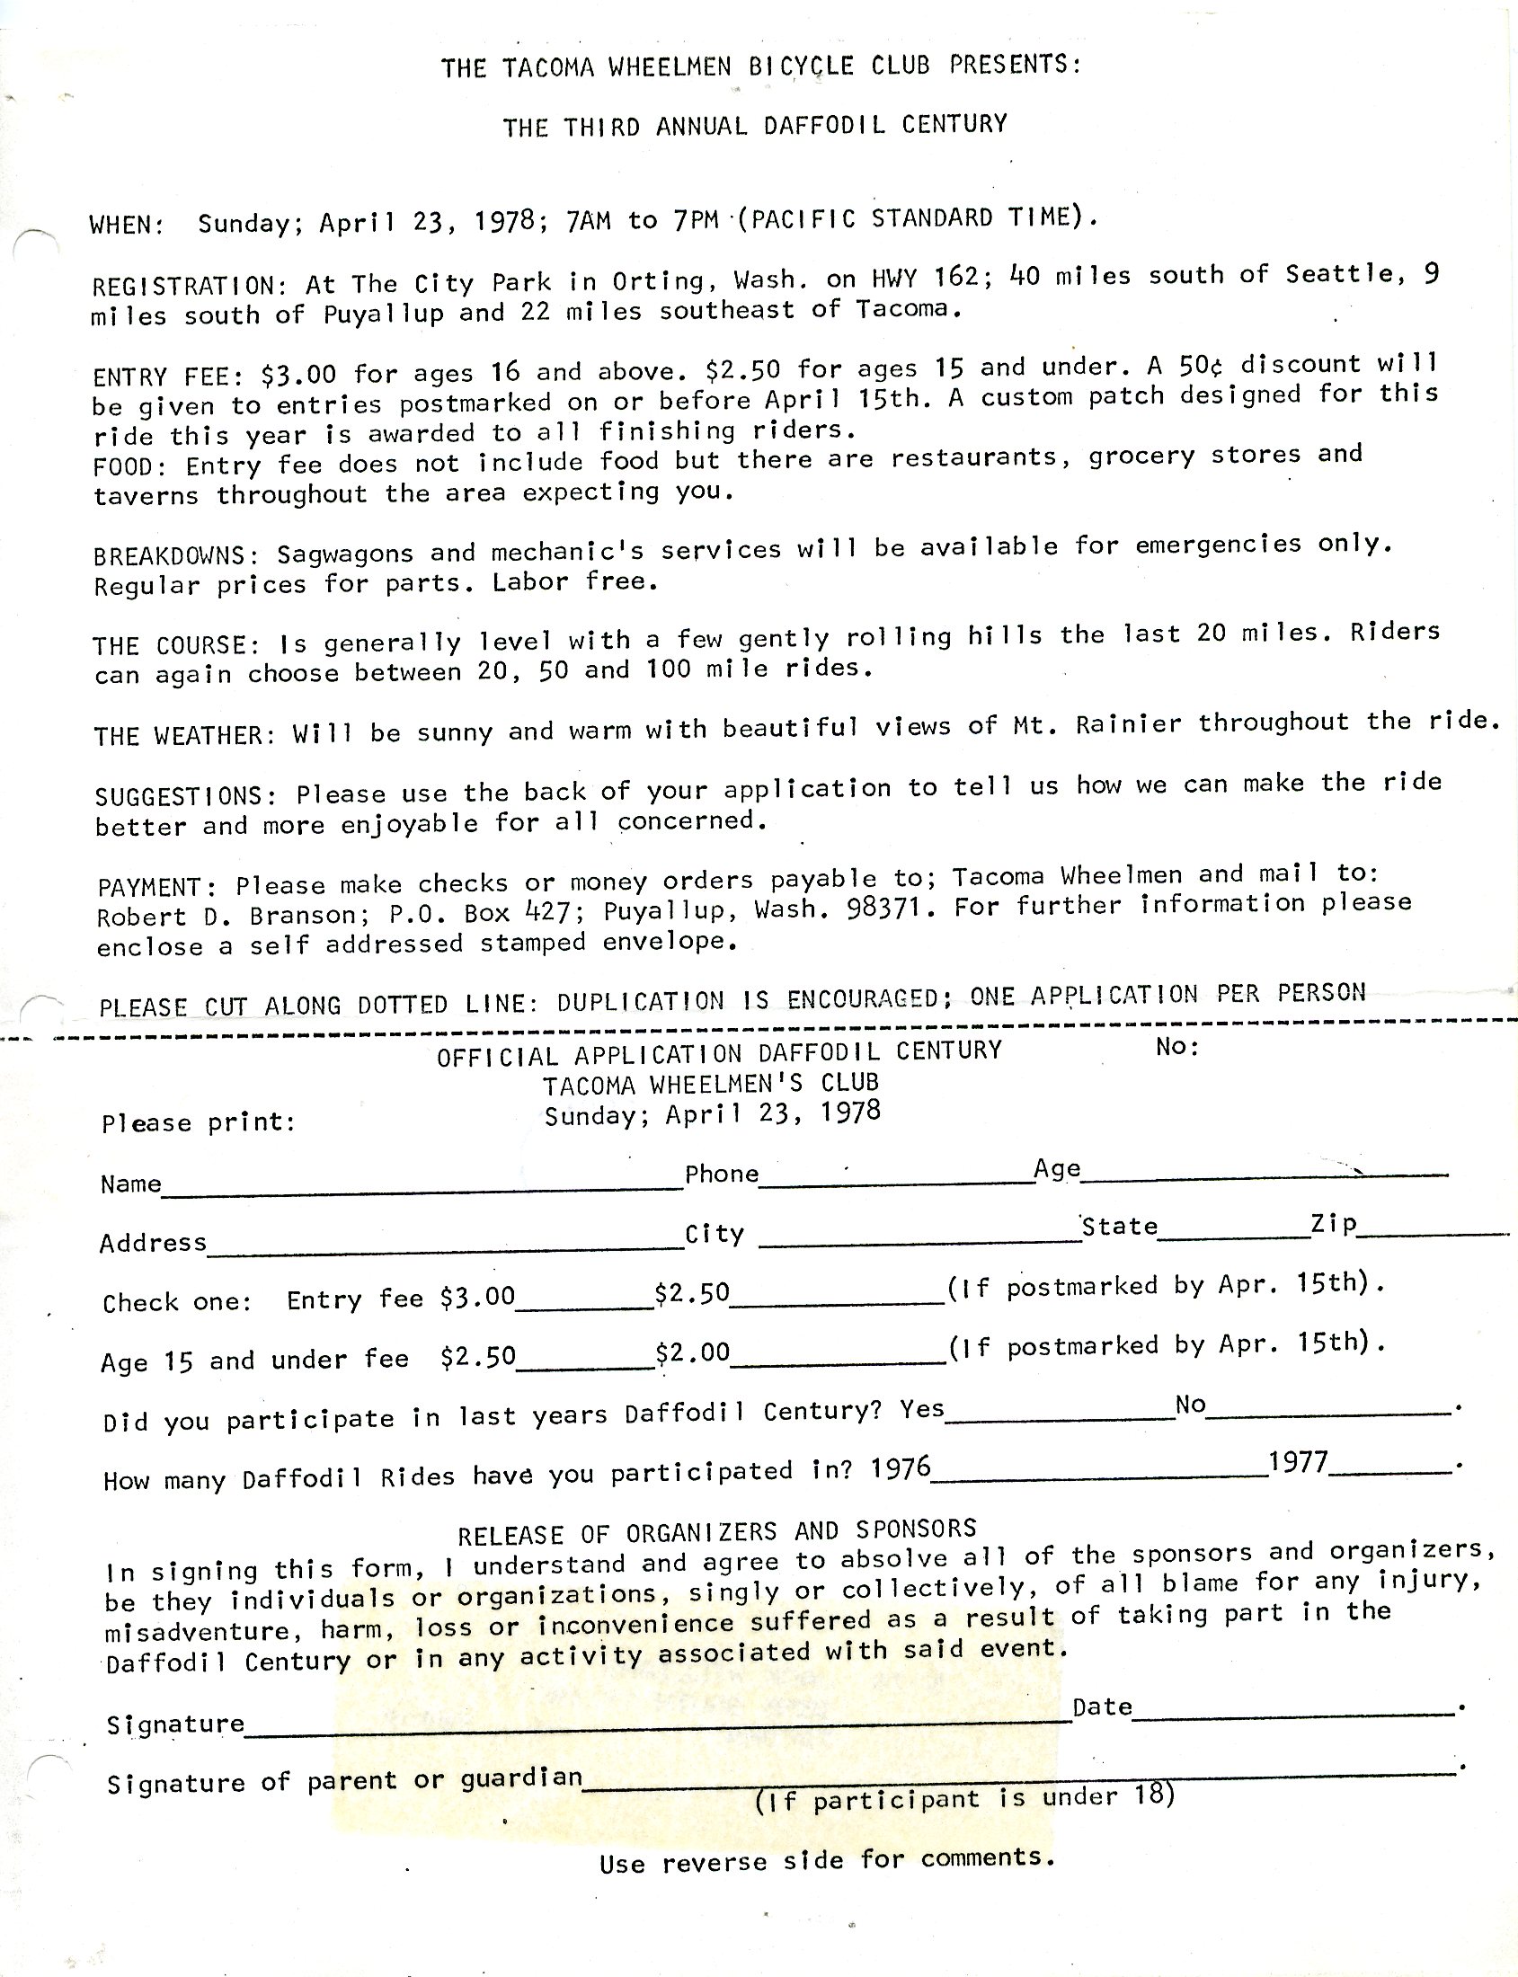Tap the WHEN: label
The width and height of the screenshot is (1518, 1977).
127,225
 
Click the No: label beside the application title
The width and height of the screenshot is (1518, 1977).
1177,1047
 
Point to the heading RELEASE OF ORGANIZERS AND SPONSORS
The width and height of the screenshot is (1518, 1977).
716,1530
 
